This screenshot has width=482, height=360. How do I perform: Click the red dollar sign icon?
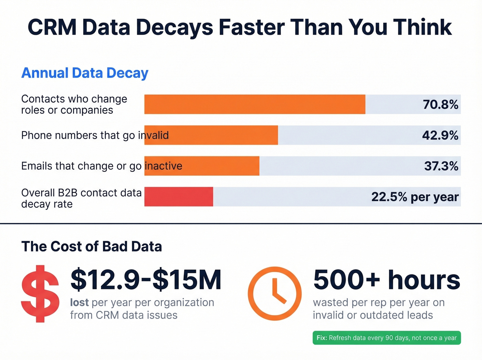40,294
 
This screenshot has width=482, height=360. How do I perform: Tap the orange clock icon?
274,294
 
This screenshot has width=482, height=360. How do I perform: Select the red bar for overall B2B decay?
179,197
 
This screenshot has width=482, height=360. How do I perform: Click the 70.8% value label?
440,104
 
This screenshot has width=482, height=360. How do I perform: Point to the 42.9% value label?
440,135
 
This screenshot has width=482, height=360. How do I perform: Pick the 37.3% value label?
441,166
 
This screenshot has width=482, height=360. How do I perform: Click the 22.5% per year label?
415,197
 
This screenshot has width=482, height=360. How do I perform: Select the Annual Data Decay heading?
85,73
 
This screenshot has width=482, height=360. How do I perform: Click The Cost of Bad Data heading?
92,246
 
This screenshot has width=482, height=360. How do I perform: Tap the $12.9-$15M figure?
146,280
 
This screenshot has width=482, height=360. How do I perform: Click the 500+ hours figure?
386,280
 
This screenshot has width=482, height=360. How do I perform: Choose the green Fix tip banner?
386,338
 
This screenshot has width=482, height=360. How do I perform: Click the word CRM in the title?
52,27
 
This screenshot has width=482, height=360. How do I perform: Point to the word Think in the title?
422,27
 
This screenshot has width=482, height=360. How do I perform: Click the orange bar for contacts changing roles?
255,104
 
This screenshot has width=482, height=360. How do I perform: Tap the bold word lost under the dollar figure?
79,302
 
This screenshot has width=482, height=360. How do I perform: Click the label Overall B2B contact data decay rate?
81,198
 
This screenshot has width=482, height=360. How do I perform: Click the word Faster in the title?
252,27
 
